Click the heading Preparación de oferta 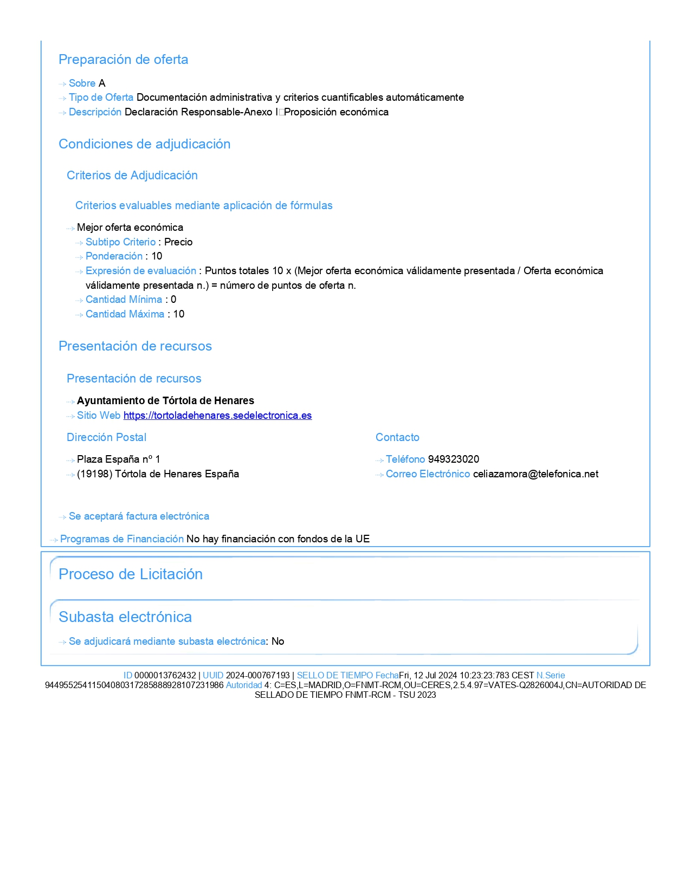pyautogui.click(x=123, y=60)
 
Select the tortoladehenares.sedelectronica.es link pyautogui.click(x=217, y=416)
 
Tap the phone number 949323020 pyautogui.click(x=453, y=459)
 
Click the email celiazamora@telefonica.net pyautogui.click(x=535, y=474)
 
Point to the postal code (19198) pyautogui.click(x=94, y=474)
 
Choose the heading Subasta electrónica pyautogui.click(x=125, y=617)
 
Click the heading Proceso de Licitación pyautogui.click(x=130, y=574)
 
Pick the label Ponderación pyautogui.click(x=114, y=256)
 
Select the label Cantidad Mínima pyautogui.click(x=124, y=300)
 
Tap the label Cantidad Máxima pyautogui.click(x=125, y=314)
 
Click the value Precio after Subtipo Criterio pyautogui.click(x=178, y=242)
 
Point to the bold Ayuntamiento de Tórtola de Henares pyautogui.click(x=165, y=401)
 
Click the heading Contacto pyautogui.click(x=397, y=438)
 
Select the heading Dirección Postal pyautogui.click(x=106, y=438)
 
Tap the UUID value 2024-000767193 pyautogui.click(x=257, y=676)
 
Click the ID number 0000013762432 pyautogui.click(x=165, y=676)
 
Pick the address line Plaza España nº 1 pyautogui.click(x=118, y=459)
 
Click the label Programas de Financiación pyautogui.click(x=121, y=539)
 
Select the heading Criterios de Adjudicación pyautogui.click(x=132, y=176)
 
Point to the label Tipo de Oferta pyautogui.click(x=101, y=98)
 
